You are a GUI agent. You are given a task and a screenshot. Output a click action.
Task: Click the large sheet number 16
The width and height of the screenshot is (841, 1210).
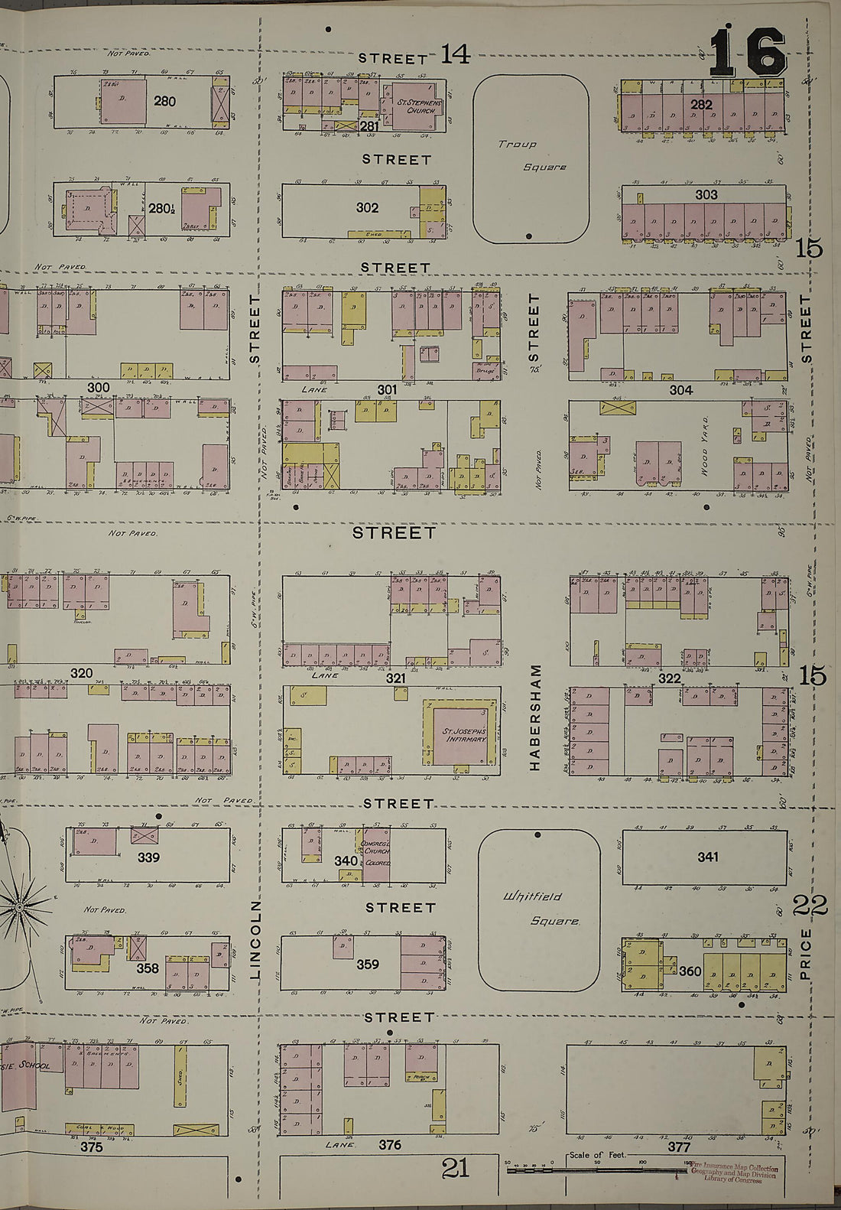click(747, 52)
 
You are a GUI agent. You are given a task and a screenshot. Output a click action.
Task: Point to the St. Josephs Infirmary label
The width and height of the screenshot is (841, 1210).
click(463, 735)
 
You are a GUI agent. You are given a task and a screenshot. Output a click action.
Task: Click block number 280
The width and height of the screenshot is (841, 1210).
click(164, 101)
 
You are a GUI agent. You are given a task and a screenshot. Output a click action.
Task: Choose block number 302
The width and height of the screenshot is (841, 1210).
click(367, 207)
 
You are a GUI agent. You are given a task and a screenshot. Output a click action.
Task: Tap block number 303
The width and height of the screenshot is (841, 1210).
click(706, 195)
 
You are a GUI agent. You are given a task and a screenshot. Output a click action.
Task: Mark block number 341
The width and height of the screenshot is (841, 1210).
click(707, 857)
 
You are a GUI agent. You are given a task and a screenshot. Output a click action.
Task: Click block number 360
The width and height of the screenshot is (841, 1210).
click(690, 971)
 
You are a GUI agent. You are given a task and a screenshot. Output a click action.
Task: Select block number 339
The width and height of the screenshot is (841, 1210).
click(148, 857)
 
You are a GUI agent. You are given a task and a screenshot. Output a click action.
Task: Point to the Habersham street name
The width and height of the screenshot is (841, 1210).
click(535, 717)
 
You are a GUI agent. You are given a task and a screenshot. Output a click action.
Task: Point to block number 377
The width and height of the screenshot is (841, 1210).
click(679, 1147)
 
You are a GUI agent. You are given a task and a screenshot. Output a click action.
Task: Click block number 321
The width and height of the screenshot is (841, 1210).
click(395, 678)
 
